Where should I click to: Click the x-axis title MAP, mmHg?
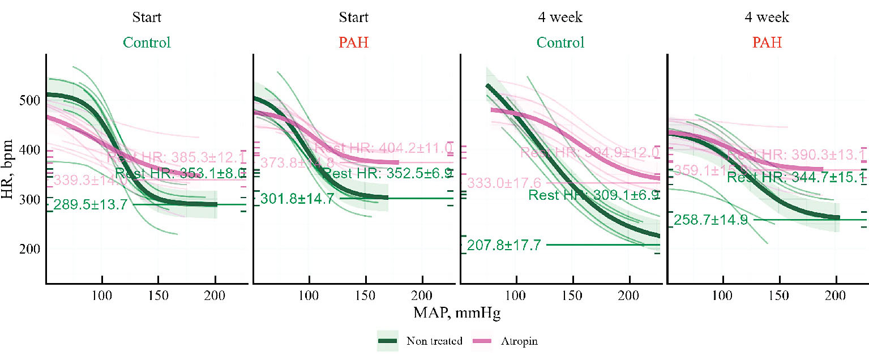[x=456, y=312]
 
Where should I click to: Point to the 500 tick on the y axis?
[x=30, y=100]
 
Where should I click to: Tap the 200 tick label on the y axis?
[x=30, y=249]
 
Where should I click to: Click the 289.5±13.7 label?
[x=91, y=205]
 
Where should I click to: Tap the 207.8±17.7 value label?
[x=504, y=245]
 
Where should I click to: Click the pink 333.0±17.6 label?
[x=504, y=183]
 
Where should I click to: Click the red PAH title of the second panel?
[x=354, y=42]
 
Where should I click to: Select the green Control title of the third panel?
[x=561, y=42]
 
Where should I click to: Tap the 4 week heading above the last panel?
[x=767, y=18]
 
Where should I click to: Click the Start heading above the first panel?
[x=147, y=18]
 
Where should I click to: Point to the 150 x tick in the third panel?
[x=573, y=295]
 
